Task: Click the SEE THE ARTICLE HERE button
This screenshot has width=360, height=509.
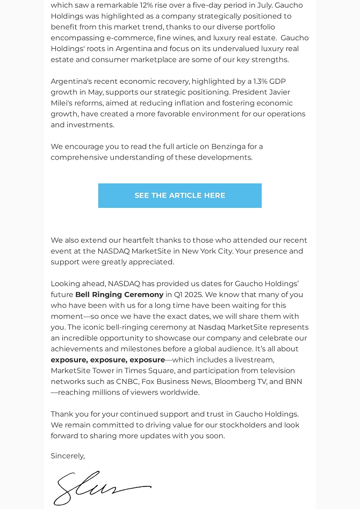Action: tap(179, 195)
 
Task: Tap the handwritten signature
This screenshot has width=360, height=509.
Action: tap(102, 488)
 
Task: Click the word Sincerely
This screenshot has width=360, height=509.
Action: tap(67, 456)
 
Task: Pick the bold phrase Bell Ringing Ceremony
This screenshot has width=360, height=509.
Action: tap(119, 295)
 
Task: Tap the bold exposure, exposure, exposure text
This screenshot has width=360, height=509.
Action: tap(107, 360)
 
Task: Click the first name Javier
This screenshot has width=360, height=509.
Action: tap(280, 92)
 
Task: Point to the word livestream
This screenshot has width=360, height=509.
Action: tap(254, 360)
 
